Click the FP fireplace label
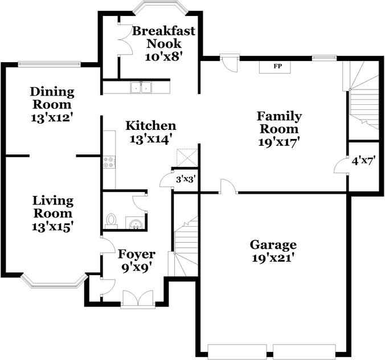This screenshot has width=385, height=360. (278, 66)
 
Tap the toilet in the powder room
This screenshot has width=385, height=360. (111, 220)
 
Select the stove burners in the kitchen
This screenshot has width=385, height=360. (109, 162)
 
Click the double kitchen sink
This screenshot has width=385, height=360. (141, 87)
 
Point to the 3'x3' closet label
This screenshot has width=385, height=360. (186, 179)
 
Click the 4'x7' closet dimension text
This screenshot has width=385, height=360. (363, 161)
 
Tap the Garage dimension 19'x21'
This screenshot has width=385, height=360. (273, 258)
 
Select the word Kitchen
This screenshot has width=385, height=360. (151, 126)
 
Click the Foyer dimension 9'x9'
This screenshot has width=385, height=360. (136, 268)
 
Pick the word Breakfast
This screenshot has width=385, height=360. (163, 31)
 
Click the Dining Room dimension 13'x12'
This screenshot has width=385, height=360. (52, 117)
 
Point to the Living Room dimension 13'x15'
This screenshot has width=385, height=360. (52, 227)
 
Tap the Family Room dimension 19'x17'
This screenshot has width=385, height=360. (280, 142)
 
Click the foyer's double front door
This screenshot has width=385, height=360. (138, 298)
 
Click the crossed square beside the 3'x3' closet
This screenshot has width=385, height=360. (187, 157)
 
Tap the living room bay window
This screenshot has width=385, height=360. (54, 281)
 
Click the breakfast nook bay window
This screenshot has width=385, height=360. (161, 7)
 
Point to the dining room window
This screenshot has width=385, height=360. (50, 64)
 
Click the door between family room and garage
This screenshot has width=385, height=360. (228, 187)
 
